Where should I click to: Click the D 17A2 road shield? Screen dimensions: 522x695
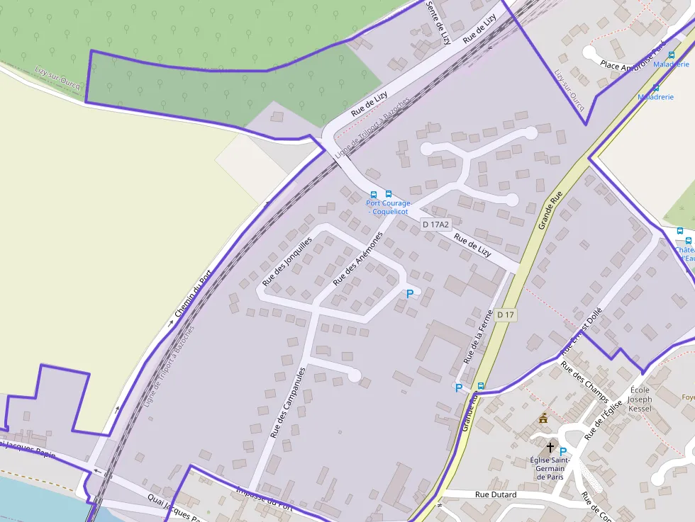pos(435,225)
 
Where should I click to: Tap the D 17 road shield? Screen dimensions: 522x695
pos(505,314)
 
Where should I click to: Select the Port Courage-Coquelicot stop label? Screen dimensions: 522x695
pos(389,208)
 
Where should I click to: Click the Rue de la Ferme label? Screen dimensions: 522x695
pos(477,338)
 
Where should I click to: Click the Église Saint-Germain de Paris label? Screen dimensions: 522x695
pos(550,468)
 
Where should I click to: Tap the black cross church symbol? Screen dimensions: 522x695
pos(550,448)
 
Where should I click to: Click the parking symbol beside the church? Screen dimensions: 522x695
pos(563,452)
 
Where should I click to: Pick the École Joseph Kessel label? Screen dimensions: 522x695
pos(640,400)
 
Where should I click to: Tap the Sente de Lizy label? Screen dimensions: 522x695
pos(438,22)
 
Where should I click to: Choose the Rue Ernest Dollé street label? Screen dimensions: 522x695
pos(582,331)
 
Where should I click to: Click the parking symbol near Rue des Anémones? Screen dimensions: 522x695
pos(409,293)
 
